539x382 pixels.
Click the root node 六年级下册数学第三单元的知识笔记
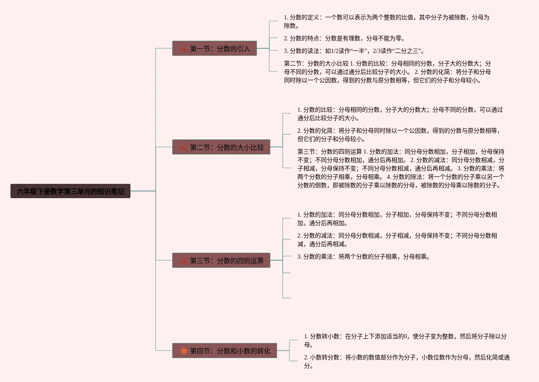pos(70,191)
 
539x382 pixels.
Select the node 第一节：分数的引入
pos(214,49)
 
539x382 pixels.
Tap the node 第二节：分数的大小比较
pos(221,147)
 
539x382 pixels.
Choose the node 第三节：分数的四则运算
pos(221,261)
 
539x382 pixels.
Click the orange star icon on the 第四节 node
pos(184,351)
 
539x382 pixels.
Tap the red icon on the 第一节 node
pos(184,49)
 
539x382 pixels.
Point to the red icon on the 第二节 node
pos(184,147)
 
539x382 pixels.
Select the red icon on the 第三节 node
pos(184,261)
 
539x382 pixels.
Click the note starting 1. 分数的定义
pos(386,21)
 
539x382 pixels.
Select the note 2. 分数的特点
pos(344,38)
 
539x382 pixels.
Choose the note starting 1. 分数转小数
pos(405,340)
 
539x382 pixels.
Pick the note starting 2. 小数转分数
pos(406,361)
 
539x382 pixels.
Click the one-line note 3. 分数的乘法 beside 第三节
pos(363,256)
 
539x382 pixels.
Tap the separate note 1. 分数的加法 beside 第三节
pos(397,219)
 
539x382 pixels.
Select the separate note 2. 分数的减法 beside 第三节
pos(397,240)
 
